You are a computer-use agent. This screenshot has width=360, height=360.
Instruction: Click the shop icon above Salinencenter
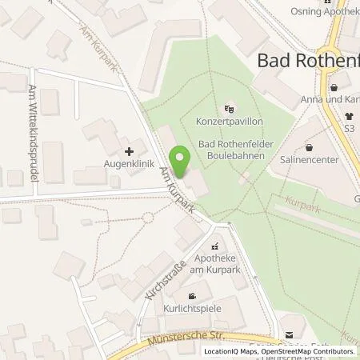click(x=331, y=146)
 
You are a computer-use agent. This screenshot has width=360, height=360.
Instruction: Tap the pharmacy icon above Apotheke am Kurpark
click(x=214, y=247)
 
